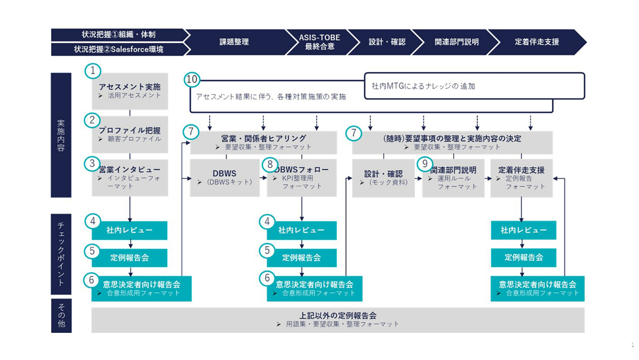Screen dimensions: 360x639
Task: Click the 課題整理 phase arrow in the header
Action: (x=234, y=42)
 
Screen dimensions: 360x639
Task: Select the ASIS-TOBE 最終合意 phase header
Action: (x=319, y=42)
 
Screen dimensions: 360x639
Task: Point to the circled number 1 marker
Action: (x=93, y=71)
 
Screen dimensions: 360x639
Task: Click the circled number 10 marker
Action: (x=192, y=80)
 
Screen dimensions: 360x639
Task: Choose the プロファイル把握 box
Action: (x=129, y=134)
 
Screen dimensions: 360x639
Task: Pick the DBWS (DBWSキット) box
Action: (x=225, y=178)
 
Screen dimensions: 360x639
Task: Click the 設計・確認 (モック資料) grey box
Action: (x=383, y=178)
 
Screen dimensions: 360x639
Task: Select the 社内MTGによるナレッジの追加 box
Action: (x=474, y=86)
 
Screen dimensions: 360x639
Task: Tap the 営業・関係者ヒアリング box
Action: (x=264, y=142)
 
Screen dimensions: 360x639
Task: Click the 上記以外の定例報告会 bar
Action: (x=338, y=320)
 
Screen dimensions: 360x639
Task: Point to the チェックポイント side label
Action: (x=61, y=253)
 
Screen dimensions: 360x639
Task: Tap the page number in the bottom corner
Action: (x=632, y=345)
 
